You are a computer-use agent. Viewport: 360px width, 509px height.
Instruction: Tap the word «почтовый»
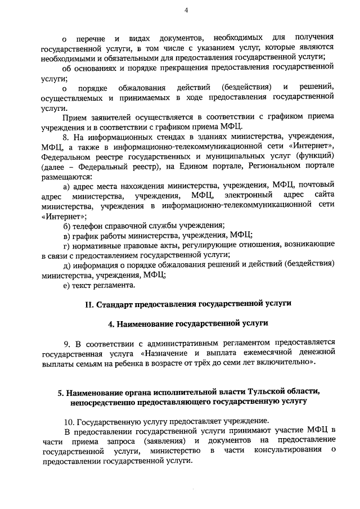point(316,185)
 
